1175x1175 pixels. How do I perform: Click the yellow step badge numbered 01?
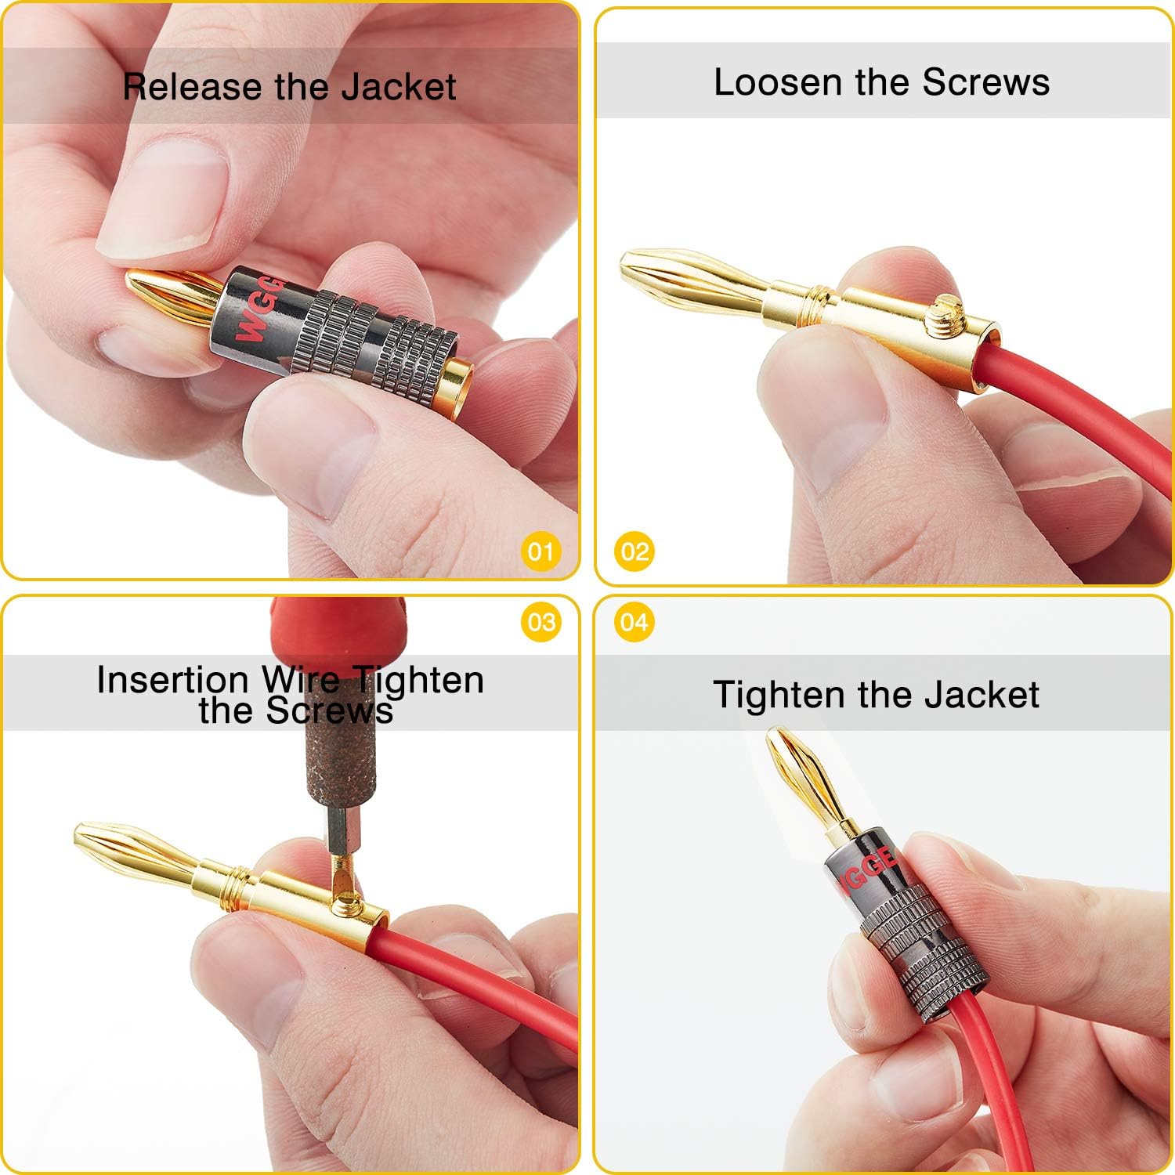tap(540, 551)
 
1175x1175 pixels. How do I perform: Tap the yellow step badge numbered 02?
tap(634, 551)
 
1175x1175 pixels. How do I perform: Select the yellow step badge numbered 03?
tap(540, 622)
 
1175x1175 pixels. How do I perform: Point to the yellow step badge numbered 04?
tap(634, 622)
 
